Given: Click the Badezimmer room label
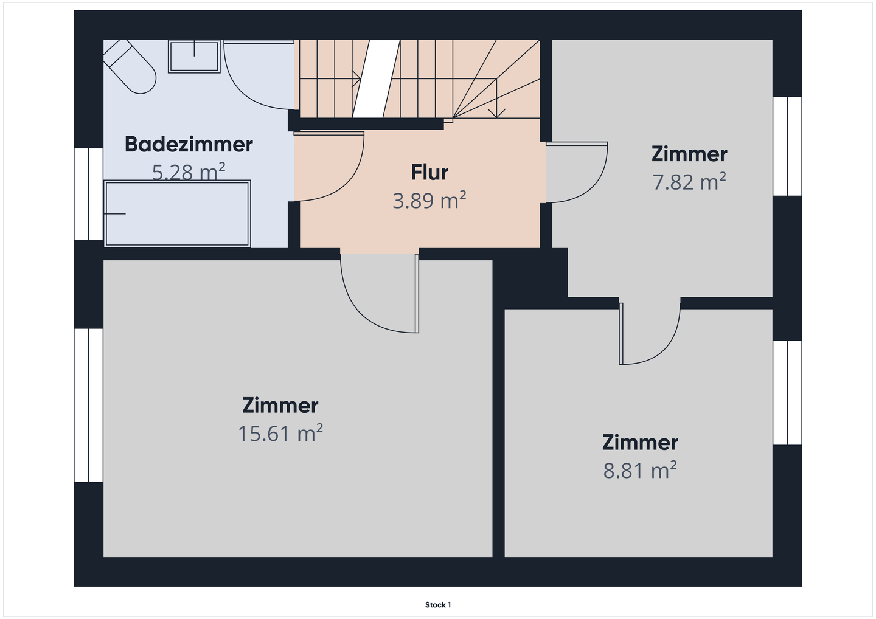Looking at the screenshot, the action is (x=189, y=144).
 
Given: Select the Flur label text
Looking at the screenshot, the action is (x=429, y=172).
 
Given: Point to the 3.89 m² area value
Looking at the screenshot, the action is (x=429, y=200).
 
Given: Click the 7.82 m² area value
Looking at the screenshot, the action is (x=689, y=182).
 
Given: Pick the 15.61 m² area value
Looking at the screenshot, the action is (x=280, y=433).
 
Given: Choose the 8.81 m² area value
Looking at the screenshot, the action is (x=640, y=470).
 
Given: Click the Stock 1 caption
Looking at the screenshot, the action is (x=438, y=605).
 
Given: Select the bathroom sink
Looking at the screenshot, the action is (x=195, y=57).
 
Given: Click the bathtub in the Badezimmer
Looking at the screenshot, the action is (x=177, y=213).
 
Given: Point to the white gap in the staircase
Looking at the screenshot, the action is (x=376, y=78).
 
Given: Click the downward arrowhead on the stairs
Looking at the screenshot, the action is (x=496, y=113).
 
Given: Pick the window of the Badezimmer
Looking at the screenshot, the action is (x=89, y=194).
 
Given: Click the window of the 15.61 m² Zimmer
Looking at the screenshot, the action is (x=89, y=405).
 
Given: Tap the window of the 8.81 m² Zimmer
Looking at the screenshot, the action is (x=787, y=393).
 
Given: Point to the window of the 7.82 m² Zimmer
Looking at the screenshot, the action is (x=787, y=146).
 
